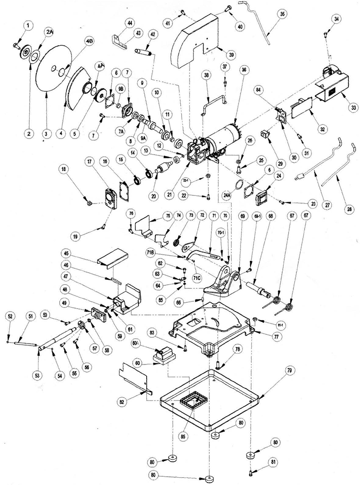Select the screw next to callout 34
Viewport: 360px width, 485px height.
pos(325,34)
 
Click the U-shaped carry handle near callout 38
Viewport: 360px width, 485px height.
pos(213,103)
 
